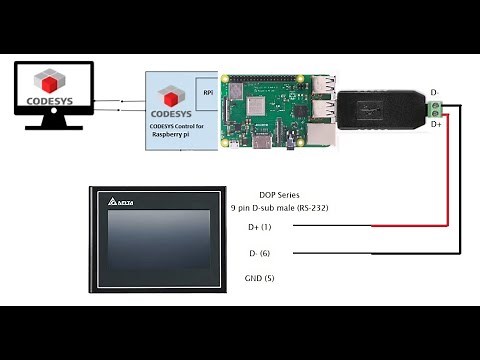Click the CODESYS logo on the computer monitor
(53, 87)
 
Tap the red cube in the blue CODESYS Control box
(170, 97)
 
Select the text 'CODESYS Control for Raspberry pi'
(176, 131)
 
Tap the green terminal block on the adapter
(435, 108)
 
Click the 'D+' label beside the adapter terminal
(436, 125)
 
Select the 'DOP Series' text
(279, 195)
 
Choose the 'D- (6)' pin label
(260, 253)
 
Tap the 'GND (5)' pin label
(259, 278)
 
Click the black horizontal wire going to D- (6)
(370, 253)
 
